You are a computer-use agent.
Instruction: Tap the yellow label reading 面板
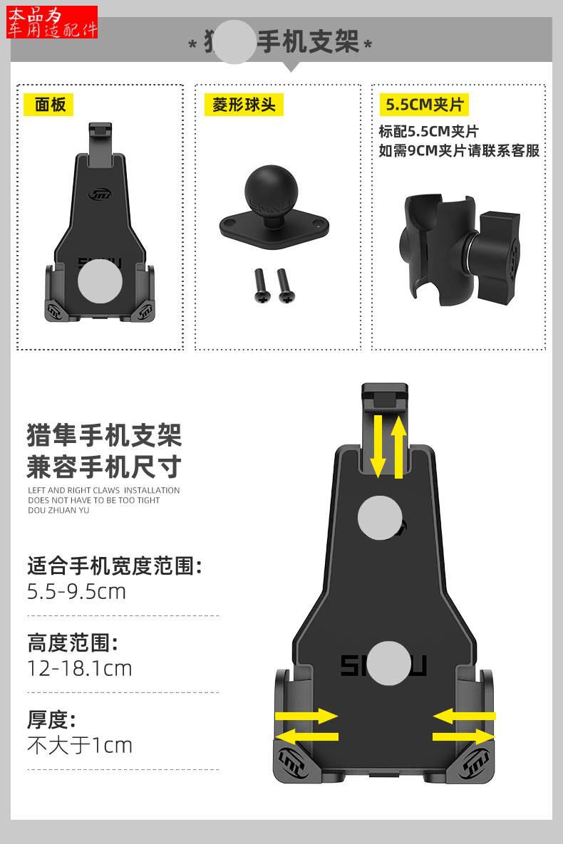pyautogui.click(x=49, y=105)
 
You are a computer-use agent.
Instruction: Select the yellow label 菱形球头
pyautogui.click(x=243, y=105)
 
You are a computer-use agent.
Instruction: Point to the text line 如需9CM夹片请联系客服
pyautogui.click(x=459, y=150)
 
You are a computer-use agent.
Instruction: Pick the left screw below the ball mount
pyautogui.click(x=258, y=284)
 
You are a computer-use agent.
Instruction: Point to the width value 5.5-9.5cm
pyautogui.click(x=76, y=591)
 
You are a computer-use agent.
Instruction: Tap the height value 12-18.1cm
pyautogui.click(x=80, y=668)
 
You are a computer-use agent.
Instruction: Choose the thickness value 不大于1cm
pyautogui.click(x=80, y=745)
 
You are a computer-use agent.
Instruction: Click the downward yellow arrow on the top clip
pyautogui.click(x=378, y=447)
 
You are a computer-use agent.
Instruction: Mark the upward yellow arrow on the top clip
pyautogui.click(x=398, y=447)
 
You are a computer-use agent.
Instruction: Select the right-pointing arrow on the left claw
pyautogui.click(x=306, y=716)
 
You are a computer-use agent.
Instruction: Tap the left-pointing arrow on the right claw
pyautogui.click(x=464, y=716)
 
